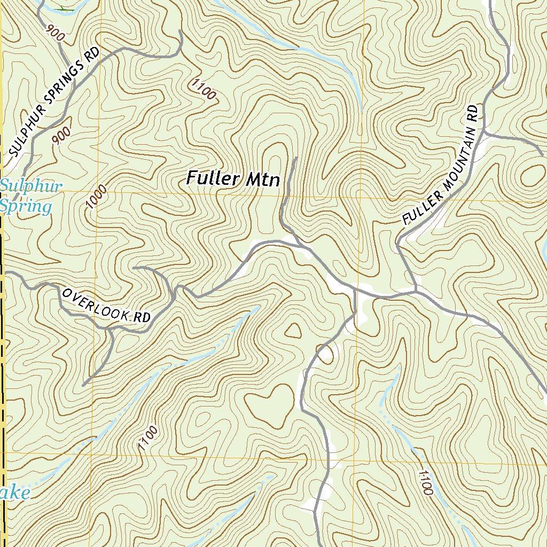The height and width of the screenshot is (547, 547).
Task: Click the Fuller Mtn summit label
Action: (233, 178)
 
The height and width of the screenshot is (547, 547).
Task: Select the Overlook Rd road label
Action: (106, 306)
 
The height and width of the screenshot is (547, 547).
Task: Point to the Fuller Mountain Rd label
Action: (440, 165)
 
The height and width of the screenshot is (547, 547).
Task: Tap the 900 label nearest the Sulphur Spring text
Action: (61, 137)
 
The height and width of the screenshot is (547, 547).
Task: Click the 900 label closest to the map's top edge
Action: (56, 34)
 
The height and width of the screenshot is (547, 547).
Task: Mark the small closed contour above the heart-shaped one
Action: (292, 330)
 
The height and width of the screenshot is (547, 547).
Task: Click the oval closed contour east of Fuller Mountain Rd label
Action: (532, 174)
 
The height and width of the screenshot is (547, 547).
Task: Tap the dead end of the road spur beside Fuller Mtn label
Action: (295, 158)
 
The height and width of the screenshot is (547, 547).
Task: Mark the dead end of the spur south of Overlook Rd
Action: (84, 384)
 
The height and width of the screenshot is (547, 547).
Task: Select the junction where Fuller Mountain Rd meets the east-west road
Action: (416, 291)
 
